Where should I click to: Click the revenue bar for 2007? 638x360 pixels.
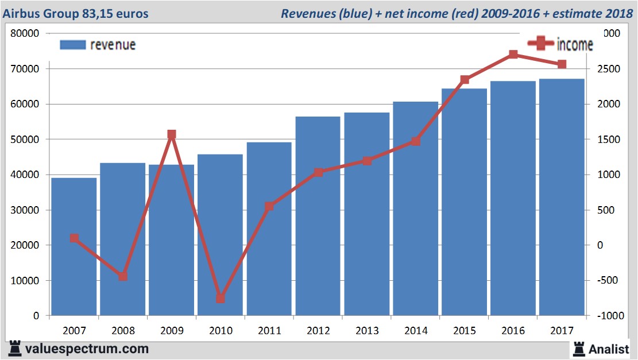pyautogui.click(x=74, y=247)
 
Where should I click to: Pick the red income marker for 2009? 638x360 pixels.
pyautogui.click(x=171, y=134)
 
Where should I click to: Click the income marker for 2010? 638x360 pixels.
pyautogui.click(x=221, y=299)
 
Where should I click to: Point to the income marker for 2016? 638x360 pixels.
pyautogui.click(x=513, y=55)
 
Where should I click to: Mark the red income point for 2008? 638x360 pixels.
pyautogui.click(x=123, y=277)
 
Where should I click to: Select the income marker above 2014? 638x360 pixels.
pyautogui.click(x=416, y=141)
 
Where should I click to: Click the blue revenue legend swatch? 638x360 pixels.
pyautogui.click(x=72, y=45)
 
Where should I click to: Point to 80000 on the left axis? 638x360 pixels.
pyautogui.click(x=25, y=33)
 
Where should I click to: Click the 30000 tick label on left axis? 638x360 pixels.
pyautogui.click(x=25, y=210)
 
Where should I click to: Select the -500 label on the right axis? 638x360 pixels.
pyautogui.click(x=610, y=281)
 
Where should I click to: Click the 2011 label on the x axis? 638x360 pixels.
pyautogui.click(x=269, y=331)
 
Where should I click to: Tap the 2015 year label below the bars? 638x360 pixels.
pyautogui.click(x=465, y=331)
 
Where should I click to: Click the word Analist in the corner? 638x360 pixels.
pyautogui.click(x=609, y=349)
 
